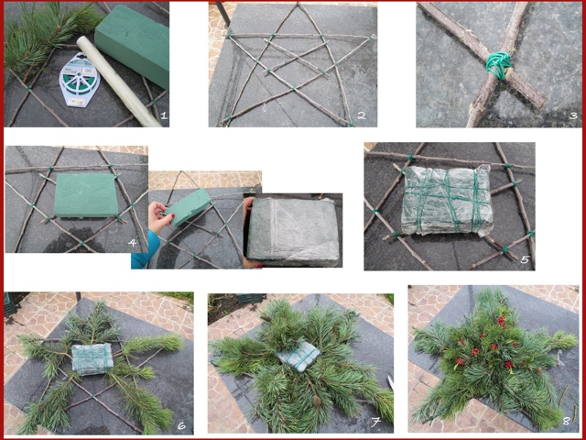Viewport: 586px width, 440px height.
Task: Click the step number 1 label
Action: pos(163,115)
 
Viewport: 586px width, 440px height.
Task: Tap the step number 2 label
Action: pos(362,115)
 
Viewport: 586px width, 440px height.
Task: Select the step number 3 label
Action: pos(574,116)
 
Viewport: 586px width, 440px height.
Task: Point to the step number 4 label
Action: pos(132,243)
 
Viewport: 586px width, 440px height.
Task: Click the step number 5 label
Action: pos(525,258)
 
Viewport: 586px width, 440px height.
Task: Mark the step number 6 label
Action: pos(181,425)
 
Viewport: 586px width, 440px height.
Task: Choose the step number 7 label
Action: pos(375,423)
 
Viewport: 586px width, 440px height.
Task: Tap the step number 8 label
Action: pos(567,421)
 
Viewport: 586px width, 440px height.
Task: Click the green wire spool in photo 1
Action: pos(80,80)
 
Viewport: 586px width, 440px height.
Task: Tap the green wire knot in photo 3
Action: pos(498,65)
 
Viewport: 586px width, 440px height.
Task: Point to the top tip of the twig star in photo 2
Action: pos(298,4)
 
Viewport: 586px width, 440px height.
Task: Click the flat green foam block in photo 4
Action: pos(86,195)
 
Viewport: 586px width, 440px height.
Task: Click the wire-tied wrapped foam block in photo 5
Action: pos(448,200)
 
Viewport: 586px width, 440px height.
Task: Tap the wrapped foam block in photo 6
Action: pos(92,358)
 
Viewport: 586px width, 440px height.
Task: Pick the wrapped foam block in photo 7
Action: pos(298,357)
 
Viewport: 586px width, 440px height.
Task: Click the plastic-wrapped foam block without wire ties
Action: pos(293,231)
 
